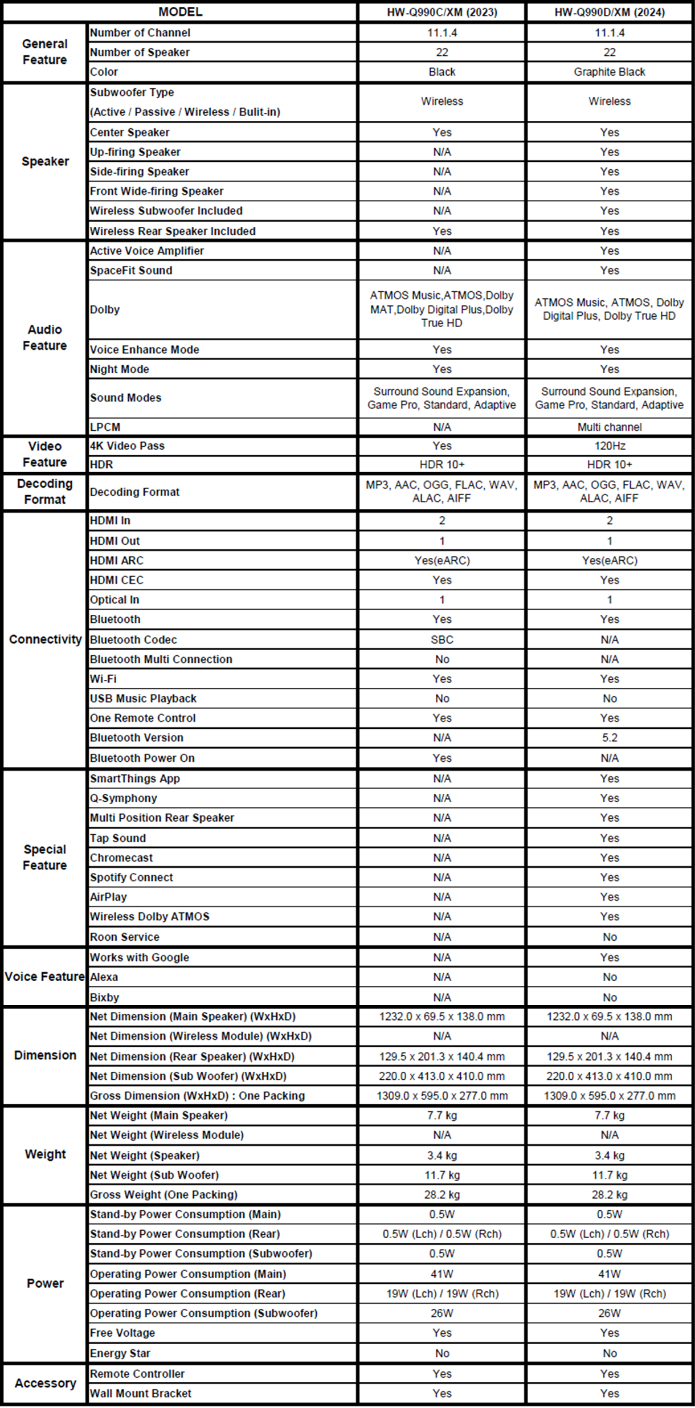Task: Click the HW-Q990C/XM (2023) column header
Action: point(441,12)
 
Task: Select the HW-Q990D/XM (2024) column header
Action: point(610,12)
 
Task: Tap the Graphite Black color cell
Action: point(610,72)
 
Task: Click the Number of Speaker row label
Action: point(140,52)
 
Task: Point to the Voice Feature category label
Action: point(44,977)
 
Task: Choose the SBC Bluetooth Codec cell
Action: point(441,639)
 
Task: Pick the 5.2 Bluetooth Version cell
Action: point(610,737)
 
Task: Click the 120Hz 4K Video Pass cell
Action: point(610,446)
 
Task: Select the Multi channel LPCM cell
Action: point(610,427)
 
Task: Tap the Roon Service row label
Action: point(125,937)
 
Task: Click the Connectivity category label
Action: point(45,639)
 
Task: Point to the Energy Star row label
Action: point(120,1353)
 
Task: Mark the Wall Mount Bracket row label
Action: point(141,1393)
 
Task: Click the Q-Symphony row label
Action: point(124,798)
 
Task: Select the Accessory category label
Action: point(45,1383)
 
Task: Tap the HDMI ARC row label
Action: point(117,560)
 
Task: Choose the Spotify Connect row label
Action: point(132,877)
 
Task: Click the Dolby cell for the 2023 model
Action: point(441,309)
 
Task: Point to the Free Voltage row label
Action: point(122,1333)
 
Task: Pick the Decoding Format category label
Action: point(45,491)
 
